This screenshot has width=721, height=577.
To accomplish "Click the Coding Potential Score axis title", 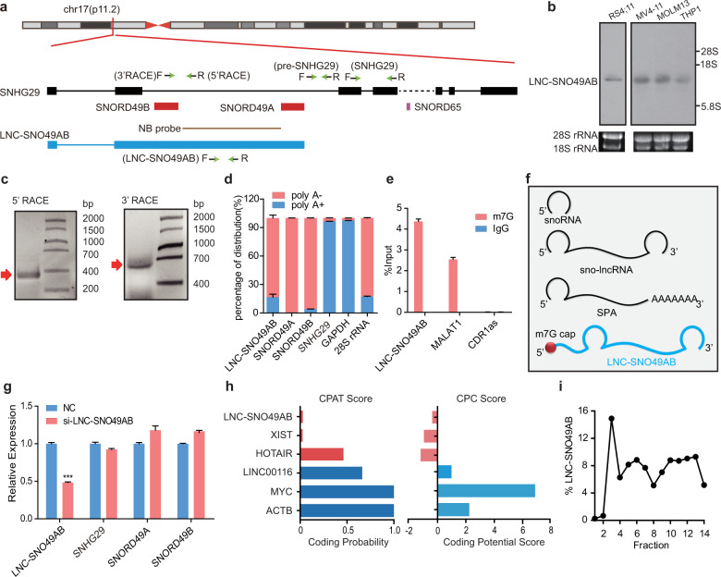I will (x=492, y=555).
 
